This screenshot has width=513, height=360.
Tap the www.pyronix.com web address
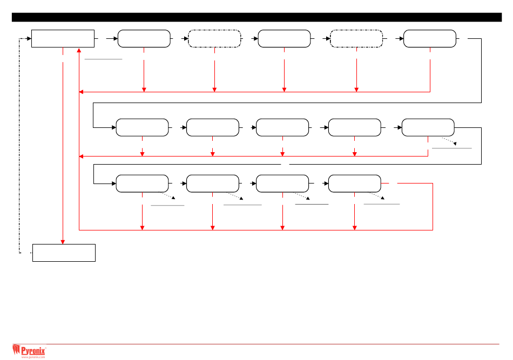[x=33, y=357]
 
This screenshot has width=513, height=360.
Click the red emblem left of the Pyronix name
[x=16, y=351]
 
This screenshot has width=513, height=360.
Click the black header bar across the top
[x=256, y=18]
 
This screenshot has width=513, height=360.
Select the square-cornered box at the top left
[x=63, y=38]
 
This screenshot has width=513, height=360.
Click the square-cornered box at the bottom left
[x=64, y=253]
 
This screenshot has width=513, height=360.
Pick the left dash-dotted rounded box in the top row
[x=214, y=39]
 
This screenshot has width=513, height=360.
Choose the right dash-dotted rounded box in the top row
[x=356, y=39]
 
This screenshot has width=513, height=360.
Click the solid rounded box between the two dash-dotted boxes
[x=285, y=39]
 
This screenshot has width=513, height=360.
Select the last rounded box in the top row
[x=430, y=39]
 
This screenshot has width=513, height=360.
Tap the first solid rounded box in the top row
[x=144, y=39]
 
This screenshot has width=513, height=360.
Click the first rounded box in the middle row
[x=142, y=127]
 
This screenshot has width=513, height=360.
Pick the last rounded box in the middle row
[x=428, y=127]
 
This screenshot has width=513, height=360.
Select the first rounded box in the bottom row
[x=142, y=184]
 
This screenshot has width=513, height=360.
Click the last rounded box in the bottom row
[x=354, y=184]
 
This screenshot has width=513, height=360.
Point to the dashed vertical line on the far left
[x=20, y=146]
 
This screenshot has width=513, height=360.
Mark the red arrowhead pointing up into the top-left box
[x=79, y=50]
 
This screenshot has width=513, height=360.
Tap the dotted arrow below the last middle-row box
[x=448, y=141]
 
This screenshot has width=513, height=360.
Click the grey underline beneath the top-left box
[x=104, y=57]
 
